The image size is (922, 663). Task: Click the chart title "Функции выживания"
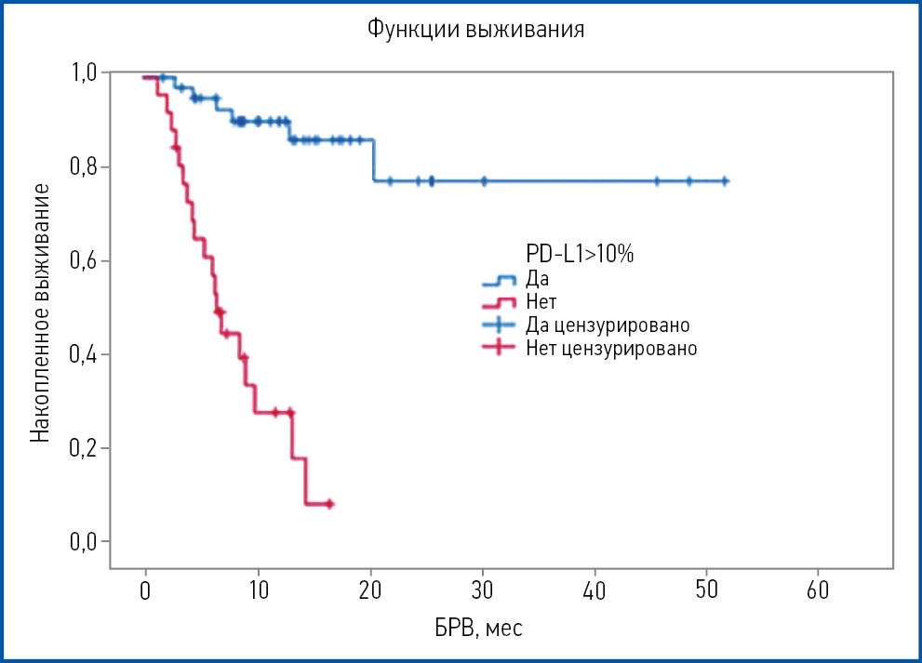tap(475, 30)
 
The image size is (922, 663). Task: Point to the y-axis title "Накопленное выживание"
tap(40, 312)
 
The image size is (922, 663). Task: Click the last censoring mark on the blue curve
tap(725, 181)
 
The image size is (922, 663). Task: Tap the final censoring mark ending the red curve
tap(329, 504)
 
